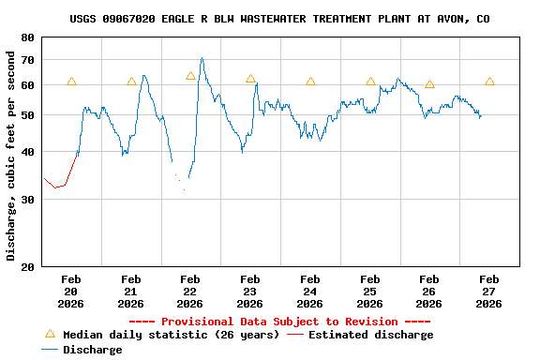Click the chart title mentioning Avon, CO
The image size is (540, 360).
[279, 19]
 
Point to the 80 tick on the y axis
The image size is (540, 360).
[25, 37]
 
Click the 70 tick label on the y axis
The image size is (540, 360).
[25, 60]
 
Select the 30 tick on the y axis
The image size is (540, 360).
[25, 200]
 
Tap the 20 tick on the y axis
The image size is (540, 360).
[25, 267]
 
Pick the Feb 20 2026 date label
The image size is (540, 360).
[71, 291]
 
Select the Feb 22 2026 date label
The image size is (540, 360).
[190, 291]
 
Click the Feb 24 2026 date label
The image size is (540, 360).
[309, 291]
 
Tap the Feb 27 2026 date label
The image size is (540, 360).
[488, 291]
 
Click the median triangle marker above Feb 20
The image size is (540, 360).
[71, 82]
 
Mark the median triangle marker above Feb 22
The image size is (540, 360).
[190, 76]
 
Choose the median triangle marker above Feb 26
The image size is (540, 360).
[429, 83]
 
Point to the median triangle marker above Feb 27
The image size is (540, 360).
[489, 82]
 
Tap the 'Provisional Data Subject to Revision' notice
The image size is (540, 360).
[279, 322]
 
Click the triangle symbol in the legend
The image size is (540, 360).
[51, 334]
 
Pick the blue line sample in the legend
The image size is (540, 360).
[51, 350]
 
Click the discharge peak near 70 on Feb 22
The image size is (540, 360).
[202, 58]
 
